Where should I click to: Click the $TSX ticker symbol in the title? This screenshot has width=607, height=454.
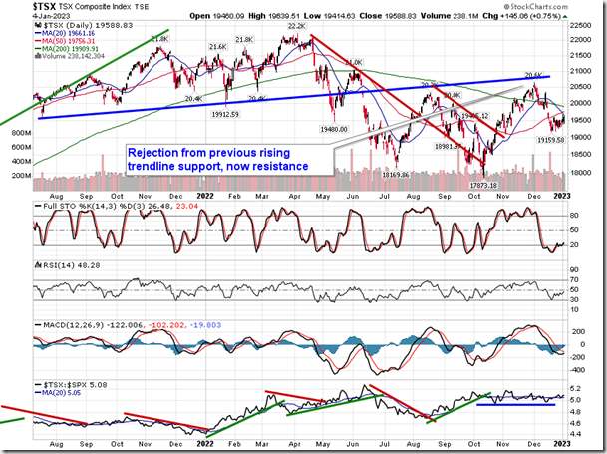(16, 7)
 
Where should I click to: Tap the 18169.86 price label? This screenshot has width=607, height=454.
(400, 176)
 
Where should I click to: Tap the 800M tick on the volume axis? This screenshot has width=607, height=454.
(17, 131)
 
